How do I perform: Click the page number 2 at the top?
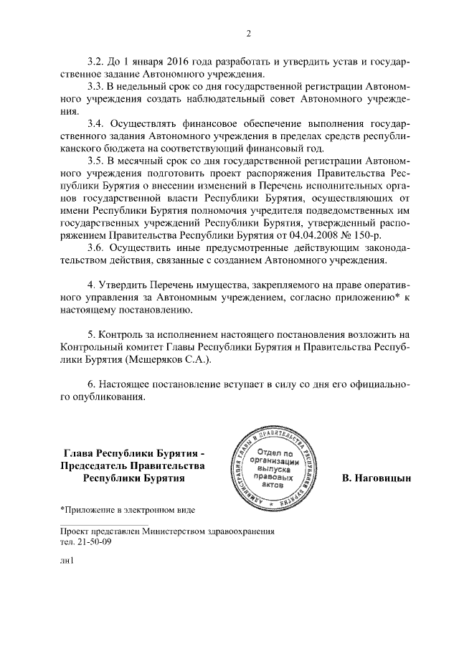[248, 33]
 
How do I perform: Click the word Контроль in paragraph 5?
[125, 334]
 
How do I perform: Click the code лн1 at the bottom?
[67, 565]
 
